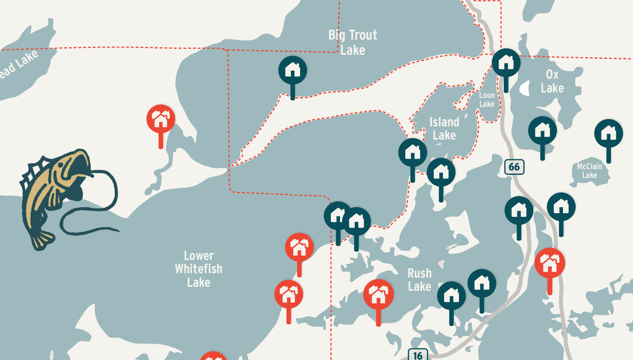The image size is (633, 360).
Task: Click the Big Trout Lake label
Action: [353, 42]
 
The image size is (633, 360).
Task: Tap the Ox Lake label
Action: [552, 81]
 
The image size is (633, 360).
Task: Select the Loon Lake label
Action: [487, 100]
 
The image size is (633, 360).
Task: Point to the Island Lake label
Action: [444, 128]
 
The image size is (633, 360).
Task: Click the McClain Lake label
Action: [589, 171]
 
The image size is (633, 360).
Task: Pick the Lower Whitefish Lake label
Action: [198, 269]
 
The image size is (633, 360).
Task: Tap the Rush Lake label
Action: [419, 280]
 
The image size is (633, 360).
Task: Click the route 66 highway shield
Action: [514, 167]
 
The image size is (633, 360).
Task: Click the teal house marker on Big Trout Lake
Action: [292, 70]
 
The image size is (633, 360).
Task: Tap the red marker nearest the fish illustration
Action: [161, 119]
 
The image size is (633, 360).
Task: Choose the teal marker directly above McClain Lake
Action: [608, 134]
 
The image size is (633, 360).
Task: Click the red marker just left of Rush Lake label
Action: [378, 294]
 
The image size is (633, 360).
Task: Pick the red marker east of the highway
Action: [550, 262]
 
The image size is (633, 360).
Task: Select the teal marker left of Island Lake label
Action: [413, 153]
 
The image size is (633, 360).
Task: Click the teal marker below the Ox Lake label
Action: [542, 131]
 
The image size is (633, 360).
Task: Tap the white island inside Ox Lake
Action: [525, 88]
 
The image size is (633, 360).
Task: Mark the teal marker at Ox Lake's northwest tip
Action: [506, 63]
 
